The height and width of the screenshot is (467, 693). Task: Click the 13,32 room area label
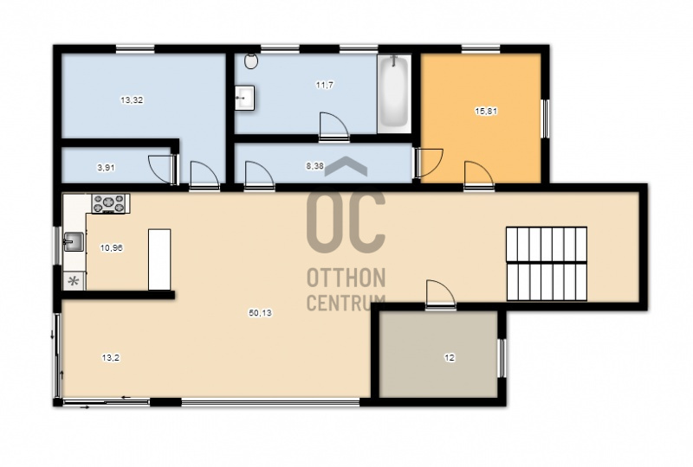point(132,100)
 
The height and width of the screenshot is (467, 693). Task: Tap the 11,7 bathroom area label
point(324,85)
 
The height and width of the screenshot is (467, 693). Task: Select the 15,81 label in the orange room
point(486,112)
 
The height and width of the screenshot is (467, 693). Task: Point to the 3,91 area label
point(106,168)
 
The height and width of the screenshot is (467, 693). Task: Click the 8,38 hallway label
point(315,166)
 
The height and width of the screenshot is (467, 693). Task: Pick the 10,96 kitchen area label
point(112,248)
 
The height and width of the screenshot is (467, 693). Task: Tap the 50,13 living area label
point(261,313)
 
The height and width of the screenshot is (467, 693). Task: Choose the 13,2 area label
point(111,358)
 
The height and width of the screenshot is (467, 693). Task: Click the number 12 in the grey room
point(450,358)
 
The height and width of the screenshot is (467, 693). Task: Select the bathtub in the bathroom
point(394,93)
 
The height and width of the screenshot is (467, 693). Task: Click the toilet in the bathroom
point(251,61)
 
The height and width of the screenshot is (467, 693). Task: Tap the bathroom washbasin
point(244,98)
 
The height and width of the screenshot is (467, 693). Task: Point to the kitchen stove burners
point(110,204)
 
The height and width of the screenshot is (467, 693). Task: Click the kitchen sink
point(74,242)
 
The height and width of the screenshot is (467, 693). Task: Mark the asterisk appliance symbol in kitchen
point(74,281)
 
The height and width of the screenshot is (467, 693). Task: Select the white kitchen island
point(159,259)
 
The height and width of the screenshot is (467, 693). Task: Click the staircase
point(547,264)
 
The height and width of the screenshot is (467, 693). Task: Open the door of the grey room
point(441,292)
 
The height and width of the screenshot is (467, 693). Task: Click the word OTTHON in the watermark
point(346,278)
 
